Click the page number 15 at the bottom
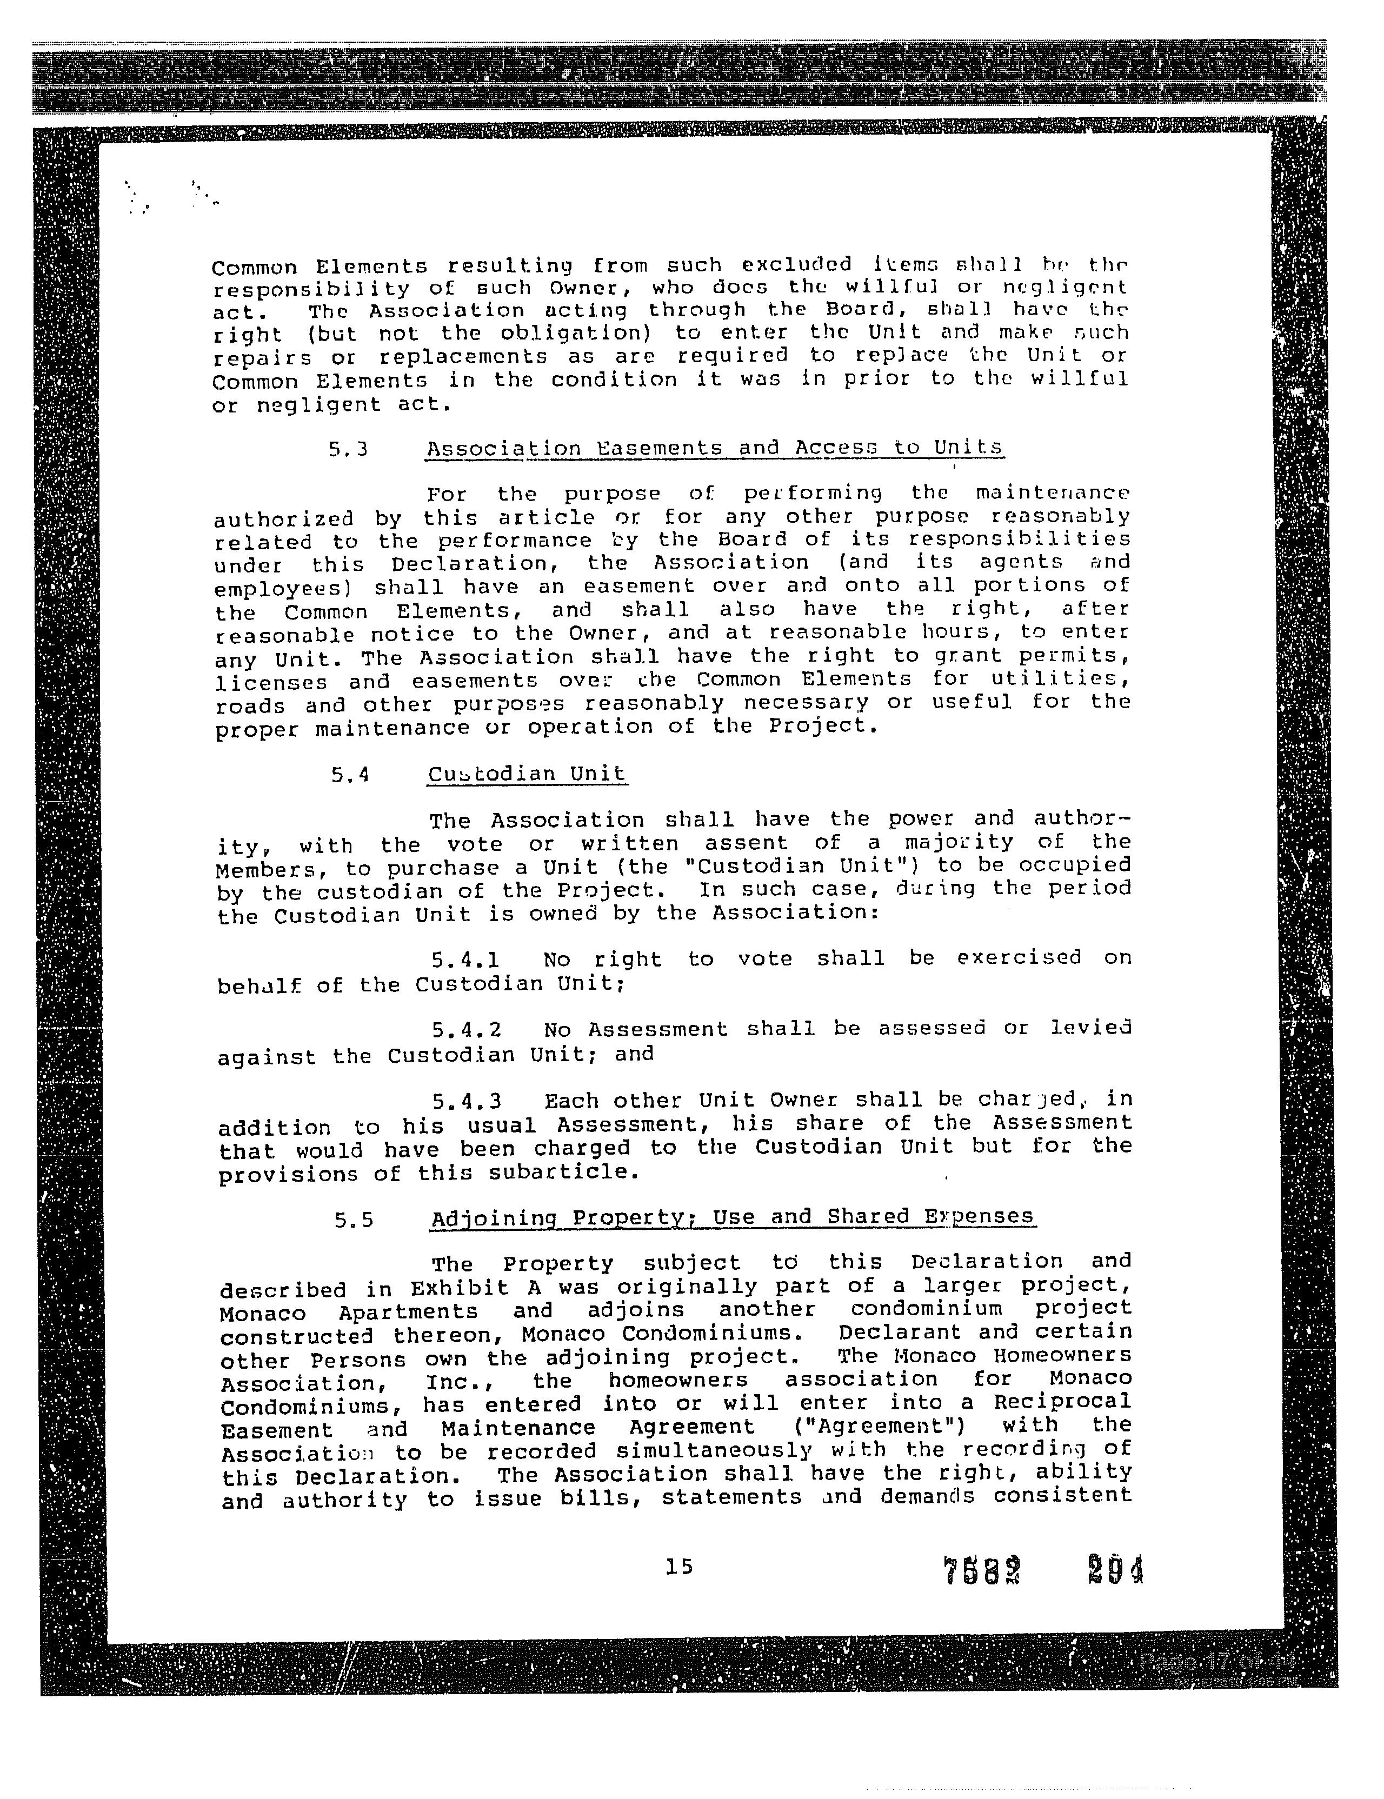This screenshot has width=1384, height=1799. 679,1566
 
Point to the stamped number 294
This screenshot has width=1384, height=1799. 1115,1570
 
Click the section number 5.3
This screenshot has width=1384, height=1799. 347,450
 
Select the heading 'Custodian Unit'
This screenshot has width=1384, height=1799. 527,774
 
